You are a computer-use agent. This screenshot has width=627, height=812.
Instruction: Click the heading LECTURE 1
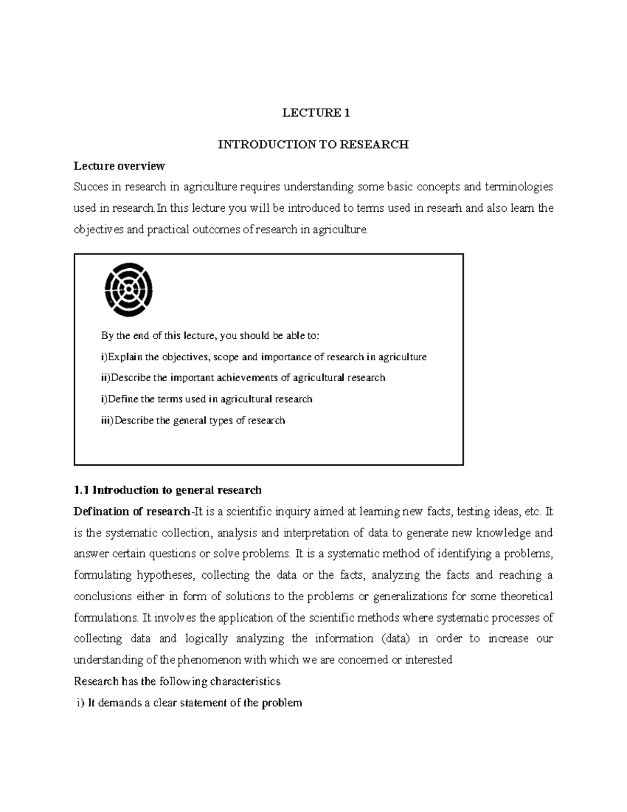316,113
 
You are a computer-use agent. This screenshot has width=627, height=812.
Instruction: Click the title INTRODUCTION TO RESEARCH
313,145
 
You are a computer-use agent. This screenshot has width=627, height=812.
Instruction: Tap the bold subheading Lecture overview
119,166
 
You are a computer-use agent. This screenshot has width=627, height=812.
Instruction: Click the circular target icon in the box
129,290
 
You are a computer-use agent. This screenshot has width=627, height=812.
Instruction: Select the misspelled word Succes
91,187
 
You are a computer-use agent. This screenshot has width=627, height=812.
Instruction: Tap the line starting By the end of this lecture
210,336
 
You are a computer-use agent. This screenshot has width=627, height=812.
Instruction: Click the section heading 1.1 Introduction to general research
168,490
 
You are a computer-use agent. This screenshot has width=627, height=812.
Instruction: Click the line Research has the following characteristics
177,681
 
